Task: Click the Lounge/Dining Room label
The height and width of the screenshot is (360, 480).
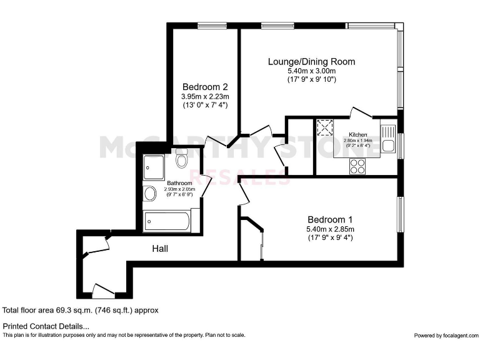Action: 311,61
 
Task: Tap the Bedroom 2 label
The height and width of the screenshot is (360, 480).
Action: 204,87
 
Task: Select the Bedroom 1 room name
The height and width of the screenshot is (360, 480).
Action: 330,219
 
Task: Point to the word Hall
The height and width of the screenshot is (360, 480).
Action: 160,249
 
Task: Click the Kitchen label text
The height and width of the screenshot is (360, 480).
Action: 358,134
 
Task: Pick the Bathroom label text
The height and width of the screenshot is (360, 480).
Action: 179,183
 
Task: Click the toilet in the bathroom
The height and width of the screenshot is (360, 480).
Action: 182,160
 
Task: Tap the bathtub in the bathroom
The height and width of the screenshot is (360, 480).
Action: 167,221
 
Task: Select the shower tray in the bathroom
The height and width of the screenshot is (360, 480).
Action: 153,165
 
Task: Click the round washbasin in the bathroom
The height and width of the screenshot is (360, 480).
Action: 151,194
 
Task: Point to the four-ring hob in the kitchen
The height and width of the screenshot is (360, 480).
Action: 357,166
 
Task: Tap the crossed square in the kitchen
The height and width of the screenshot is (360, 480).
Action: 325,128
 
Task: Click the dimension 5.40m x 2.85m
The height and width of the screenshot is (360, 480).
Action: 330,229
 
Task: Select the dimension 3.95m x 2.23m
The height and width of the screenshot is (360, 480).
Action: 204,96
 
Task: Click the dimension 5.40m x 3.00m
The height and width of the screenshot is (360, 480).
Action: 311,71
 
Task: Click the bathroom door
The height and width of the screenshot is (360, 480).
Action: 207,186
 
